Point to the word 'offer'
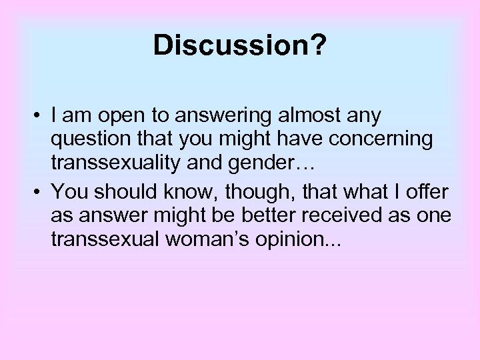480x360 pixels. pyautogui.click(x=427, y=191)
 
